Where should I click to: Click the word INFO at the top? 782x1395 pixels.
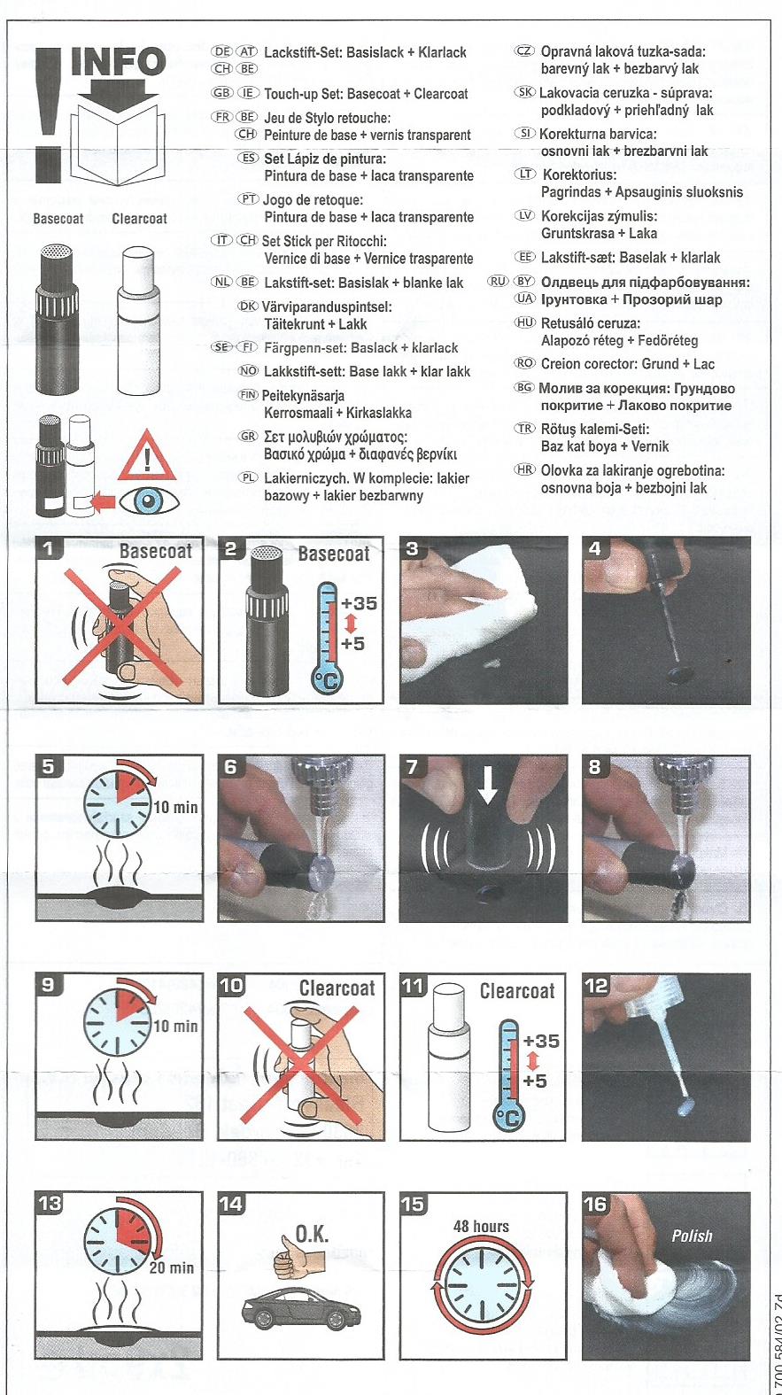[119, 62]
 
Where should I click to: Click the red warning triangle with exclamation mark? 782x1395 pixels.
[147, 455]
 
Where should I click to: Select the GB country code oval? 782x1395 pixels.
[222, 93]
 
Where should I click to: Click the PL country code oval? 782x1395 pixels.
[248, 477]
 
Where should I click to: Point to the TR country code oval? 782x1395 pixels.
[524, 429]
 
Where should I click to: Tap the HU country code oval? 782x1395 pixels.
[525, 322]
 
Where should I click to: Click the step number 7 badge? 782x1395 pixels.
[412, 767]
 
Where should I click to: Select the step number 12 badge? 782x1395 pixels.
[597, 986]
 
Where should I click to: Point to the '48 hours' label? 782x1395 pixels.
[481, 1226]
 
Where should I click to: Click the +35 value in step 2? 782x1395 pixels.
[358, 603]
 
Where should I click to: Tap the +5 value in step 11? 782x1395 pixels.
[535, 1081]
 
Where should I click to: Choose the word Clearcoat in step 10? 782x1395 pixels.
[337, 988]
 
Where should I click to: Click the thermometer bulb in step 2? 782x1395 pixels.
[326, 679]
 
